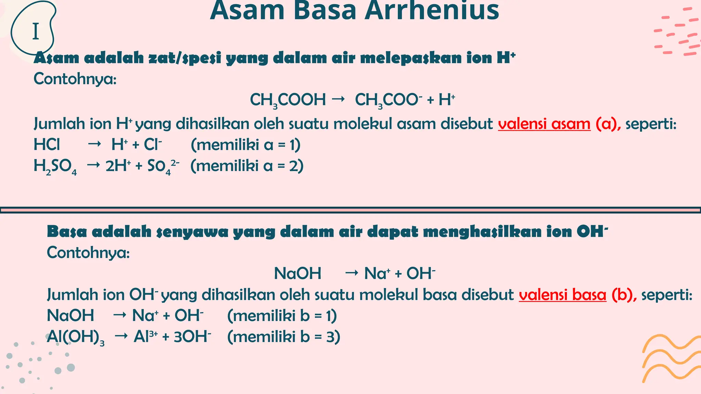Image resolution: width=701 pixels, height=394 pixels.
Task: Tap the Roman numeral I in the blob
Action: [x=36, y=32]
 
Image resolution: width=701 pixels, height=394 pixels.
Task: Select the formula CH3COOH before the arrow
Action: [x=288, y=100]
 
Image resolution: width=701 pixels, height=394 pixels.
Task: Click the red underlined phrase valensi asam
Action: [x=544, y=124]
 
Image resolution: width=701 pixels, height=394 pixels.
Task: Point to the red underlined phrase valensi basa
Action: [x=562, y=295]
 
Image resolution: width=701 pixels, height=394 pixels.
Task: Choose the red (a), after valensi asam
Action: [x=608, y=124]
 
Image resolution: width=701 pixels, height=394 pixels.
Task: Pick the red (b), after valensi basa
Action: [x=624, y=295]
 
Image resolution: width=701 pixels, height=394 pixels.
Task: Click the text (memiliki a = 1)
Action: [x=245, y=145]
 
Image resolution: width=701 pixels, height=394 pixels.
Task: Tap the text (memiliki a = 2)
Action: [x=247, y=166]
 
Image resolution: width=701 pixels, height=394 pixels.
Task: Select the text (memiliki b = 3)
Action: [x=283, y=337]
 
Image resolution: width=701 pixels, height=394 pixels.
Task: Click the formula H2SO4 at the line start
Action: [x=55, y=167]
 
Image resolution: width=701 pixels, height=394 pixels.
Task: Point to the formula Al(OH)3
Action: [x=75, y=337]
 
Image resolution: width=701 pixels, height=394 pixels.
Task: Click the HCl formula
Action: [x=47, y=145]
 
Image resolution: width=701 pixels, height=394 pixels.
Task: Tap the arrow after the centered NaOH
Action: [x=352, y=273]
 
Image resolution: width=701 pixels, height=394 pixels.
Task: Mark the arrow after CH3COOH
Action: [x=338, y=99]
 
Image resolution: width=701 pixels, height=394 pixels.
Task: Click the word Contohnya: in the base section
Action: [x=88, y=253]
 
